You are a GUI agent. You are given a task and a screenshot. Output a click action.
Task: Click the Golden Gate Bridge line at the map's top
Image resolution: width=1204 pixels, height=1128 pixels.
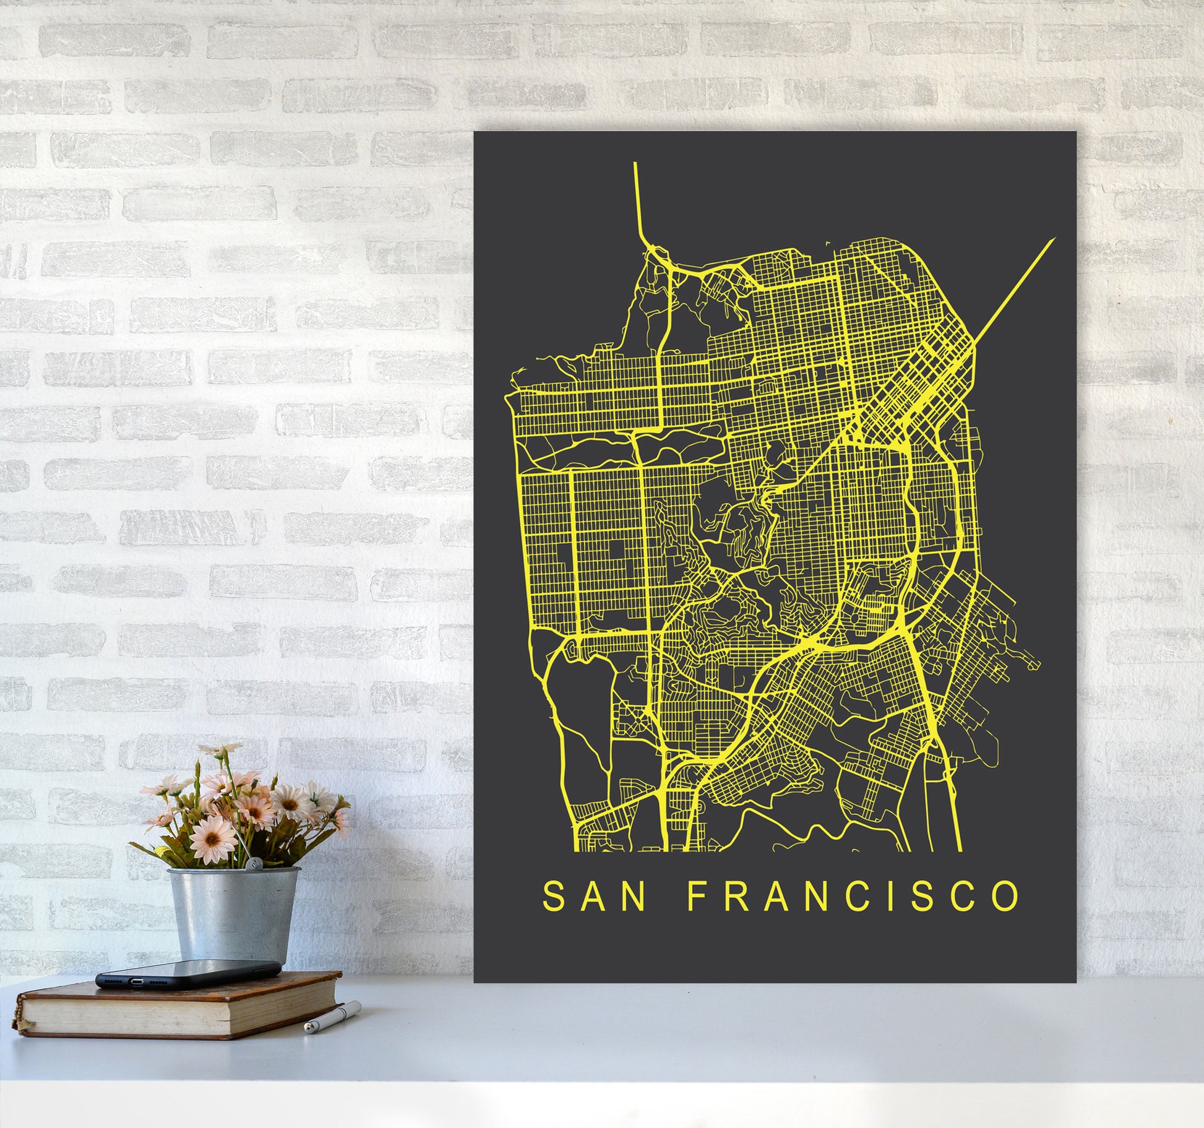coord(637,198)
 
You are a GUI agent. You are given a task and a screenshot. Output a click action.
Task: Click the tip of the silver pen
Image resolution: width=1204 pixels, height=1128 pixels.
coord(307,1029)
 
